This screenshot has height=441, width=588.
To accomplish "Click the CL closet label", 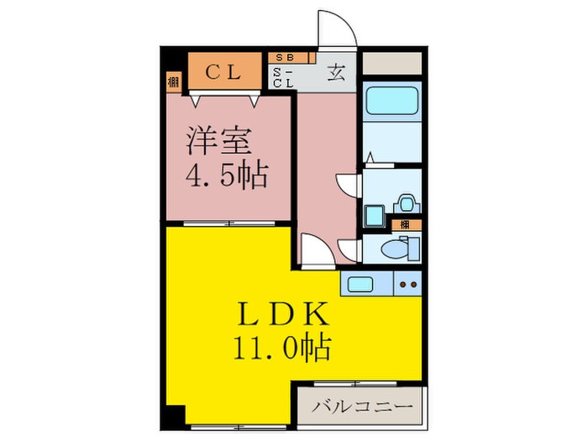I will (x=224, y=72).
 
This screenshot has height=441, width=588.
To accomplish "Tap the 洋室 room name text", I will (x=218, y=139).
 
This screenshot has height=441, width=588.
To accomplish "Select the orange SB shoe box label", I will (x=286, y=57).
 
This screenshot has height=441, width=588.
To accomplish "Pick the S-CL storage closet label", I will (x=283, y=77).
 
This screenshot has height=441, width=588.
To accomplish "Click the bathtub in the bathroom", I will (x=391, y=103).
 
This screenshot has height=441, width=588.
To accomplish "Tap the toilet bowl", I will (x=395, y=249).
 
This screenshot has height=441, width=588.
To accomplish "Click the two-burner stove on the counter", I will (x=407, y=284).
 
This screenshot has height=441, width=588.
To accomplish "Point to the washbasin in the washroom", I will (x=406, y=202).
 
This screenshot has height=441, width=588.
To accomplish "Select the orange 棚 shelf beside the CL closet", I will (x=173, y=82).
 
